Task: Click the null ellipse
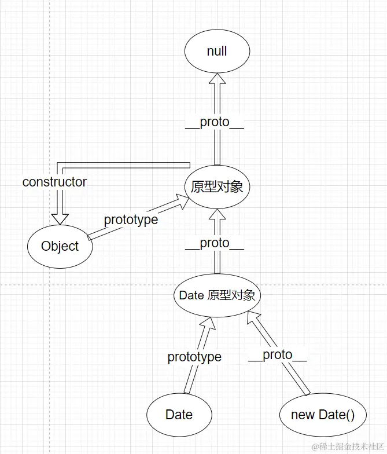coord(217,52)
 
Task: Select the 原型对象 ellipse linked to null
coord(217,186)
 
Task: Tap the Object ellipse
coord(60,246)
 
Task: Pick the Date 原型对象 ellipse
coord(217,295)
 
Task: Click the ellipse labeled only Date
coord(179,415)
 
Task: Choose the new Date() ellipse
coord(322,415)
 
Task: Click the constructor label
coord(54,182)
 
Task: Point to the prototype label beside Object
coord(131,220)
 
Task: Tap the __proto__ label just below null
coord(215,122)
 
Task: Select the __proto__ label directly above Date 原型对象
coord(215,243)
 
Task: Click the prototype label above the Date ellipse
coord(194,357)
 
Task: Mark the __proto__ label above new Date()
coord(278,355)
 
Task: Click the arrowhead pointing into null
coord(217,79)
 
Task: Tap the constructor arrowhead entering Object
coord(60,218)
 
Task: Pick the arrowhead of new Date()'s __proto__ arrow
coord(252,316)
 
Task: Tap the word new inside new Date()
coord(303,415)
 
